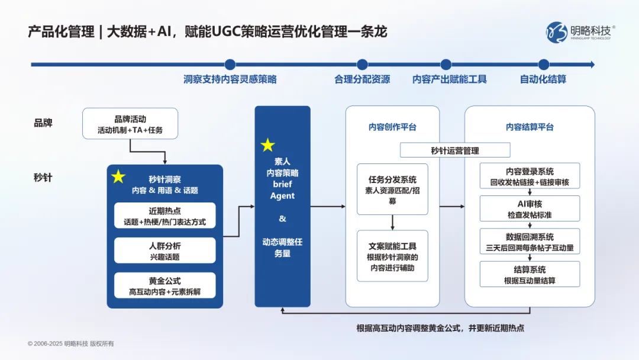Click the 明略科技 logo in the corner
tap(580, 31)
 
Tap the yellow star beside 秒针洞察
tap(118, 176)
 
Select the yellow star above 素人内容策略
tap(268, 145)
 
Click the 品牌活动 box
tap(130, 124)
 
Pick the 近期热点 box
tap(165, 216)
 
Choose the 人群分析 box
tap(165, 251)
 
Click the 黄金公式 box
tap(165, 285)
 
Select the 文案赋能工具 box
tap(392, 256)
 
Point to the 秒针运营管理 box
tap(455, 150)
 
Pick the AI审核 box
tap(530, 208)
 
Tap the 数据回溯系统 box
tap(530, 242)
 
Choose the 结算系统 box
tap(530, 274)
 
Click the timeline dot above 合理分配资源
tap(362, 65)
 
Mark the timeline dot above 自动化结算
tap(543, 65)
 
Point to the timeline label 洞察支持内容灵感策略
tap(230, 79)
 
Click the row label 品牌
tap(43, 123)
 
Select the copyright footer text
tap(70, 343)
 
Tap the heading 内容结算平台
tap(530, 127)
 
